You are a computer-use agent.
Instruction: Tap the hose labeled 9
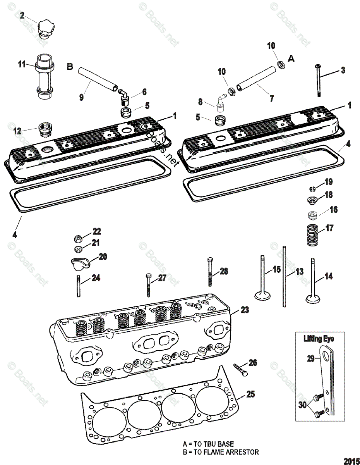tap(93, 78)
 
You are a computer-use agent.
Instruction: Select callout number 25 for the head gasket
tap(251, 394)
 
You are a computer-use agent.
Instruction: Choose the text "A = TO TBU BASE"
tap(208, 444)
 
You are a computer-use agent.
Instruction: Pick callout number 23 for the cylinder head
tap(245, 310)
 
